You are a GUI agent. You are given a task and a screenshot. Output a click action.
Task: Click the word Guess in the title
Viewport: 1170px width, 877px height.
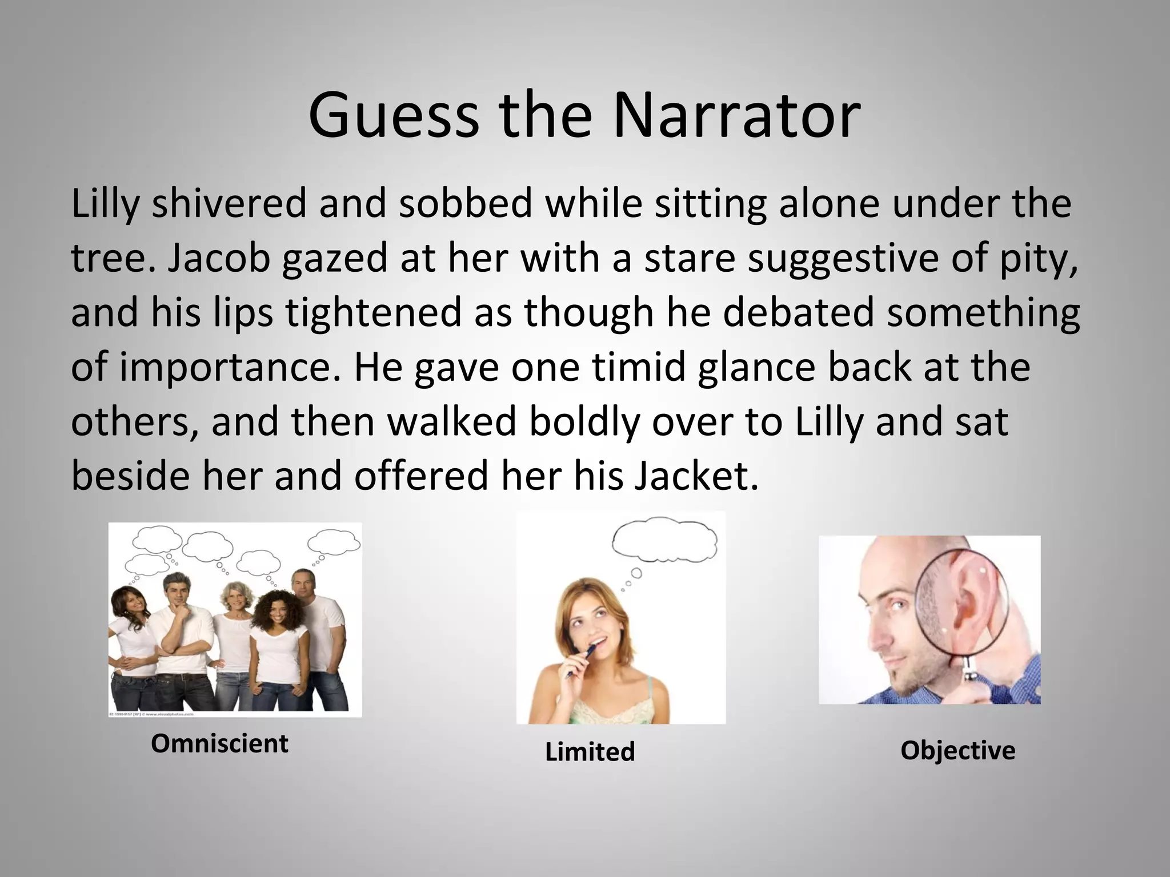(394, 116)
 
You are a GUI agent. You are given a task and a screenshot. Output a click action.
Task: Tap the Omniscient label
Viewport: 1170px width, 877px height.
(219, 743)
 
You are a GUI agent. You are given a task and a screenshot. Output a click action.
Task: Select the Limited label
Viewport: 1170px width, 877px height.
(590, 751)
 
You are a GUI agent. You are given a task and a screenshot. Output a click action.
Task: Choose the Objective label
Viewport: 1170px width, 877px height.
(957, 750)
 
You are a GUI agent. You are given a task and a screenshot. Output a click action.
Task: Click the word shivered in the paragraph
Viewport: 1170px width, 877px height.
(229, 204)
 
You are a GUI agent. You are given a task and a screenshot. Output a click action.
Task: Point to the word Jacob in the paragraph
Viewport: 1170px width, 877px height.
(219, 259)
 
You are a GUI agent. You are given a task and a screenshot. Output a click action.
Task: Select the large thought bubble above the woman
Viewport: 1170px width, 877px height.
(664, 540)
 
